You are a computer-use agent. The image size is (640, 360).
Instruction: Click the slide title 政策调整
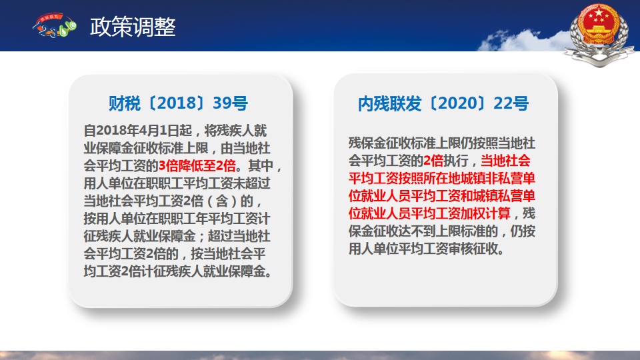pos(133,27)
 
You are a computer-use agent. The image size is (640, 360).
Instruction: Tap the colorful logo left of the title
pos(55,25)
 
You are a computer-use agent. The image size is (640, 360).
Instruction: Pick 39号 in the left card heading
pos(230,103)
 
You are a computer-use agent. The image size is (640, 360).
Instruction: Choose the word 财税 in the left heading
pos(125,103)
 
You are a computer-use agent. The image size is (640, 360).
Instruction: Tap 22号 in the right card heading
pos(511,103)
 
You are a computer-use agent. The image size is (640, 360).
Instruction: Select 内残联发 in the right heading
pos(390,103)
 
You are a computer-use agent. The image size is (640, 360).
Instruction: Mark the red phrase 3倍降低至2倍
pos(197,166)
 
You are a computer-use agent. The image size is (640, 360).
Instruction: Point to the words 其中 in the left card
pos(261,166)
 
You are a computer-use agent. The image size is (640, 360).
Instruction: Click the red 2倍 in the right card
pos(433,161)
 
